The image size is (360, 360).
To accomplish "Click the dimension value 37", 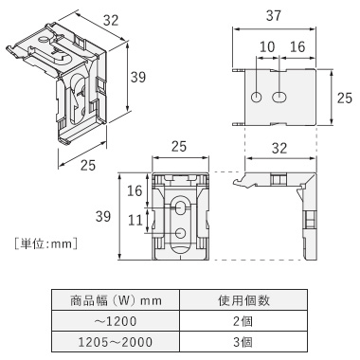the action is (274, 16).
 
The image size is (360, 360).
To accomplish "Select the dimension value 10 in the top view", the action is (267, 47).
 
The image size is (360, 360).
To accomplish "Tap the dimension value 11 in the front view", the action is (135, 220).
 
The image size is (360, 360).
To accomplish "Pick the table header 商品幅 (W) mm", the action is (116, 300).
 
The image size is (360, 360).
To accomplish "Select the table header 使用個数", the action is (243, 300).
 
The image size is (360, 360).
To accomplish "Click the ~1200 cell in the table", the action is (116, 321).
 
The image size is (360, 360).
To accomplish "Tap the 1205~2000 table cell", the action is (116, 342).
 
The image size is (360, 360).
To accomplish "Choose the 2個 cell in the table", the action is (243, 321).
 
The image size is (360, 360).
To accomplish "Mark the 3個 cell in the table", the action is (243, 342).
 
